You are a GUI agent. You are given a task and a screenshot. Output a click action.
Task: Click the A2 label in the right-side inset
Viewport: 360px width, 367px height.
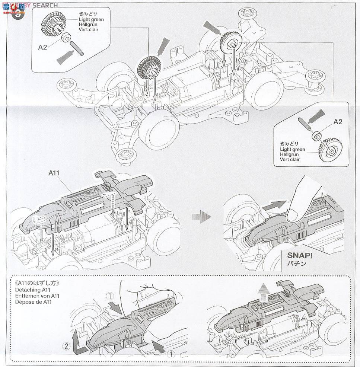[x=337, y=122]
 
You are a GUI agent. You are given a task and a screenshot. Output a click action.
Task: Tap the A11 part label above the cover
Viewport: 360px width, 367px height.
[x=54, y=173]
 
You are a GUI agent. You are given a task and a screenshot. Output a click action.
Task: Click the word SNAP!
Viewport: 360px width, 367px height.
[x=299, y=256]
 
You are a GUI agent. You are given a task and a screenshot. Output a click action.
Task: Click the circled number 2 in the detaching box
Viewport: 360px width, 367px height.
[x=66, y=346]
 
